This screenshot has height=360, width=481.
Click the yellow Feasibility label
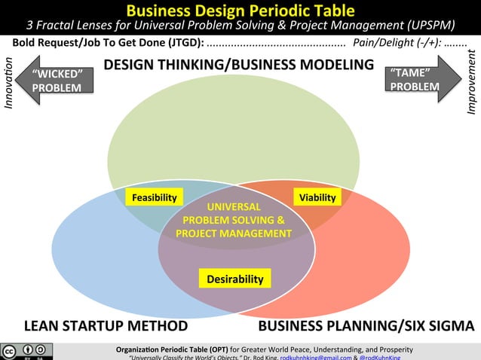click(154, 197)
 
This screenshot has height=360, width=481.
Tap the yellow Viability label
click(317, 197)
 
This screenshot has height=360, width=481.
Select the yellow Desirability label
click(235, 279)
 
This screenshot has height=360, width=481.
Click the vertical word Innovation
click(10, 84)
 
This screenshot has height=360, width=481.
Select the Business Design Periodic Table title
click(240, 9)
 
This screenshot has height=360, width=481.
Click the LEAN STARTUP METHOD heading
click(106, 326)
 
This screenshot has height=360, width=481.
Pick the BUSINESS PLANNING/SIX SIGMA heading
click(366, 326)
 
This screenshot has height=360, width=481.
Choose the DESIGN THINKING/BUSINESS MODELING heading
click(239, 65)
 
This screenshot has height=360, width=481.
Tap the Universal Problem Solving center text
click(233, 220)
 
